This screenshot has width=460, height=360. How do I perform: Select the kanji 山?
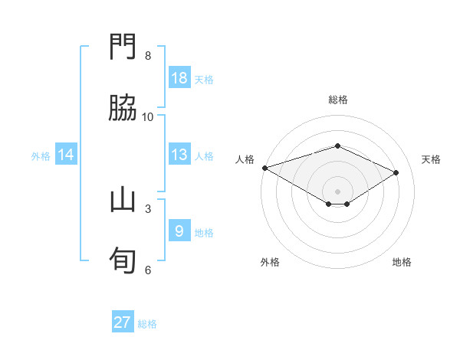pyautogui.click(x=123, y=201)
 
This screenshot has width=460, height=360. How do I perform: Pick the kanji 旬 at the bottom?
pyautogui.click(x=123, y=260)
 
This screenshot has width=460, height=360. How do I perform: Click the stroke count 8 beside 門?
pyautogui.click(x=148, y=56)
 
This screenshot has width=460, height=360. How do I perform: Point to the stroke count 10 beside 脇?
pyautogui.click(x=148, y=116)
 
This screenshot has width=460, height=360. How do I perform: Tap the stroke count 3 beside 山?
pyautogui.click(x=148, y=208)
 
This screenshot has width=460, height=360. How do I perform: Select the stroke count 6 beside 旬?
pyautogui.click(x=148, y=270)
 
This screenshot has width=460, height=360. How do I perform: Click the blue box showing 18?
pyautogui.click(x=179, y=78)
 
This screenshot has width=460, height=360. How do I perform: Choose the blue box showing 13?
pyautogui.click(x=179, y=155)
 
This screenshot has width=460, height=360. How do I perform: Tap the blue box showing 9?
pyautogui.click(x=179, y=231)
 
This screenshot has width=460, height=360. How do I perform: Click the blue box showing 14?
pyautogui.click(x=66, y=155)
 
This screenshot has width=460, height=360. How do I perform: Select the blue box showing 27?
pyautogui.click(x=123, y=322)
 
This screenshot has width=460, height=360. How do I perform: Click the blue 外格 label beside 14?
pyautogui.click(x=41, y=156)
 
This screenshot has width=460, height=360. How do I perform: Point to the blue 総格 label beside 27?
pyautogui.click(x=147, y=324)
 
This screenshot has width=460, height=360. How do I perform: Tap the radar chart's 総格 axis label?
pyautogui.click(x=337, y=100)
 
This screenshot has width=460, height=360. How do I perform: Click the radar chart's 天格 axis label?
pyautogui.click(x=431, y=159)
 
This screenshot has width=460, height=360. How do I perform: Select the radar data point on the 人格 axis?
pyautogui.click(x=264, y=168)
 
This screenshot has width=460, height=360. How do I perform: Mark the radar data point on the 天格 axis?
pyautogui.click(x=396, y=172)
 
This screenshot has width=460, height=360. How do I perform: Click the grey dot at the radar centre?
pyautogui.click(x=337, y=191)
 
